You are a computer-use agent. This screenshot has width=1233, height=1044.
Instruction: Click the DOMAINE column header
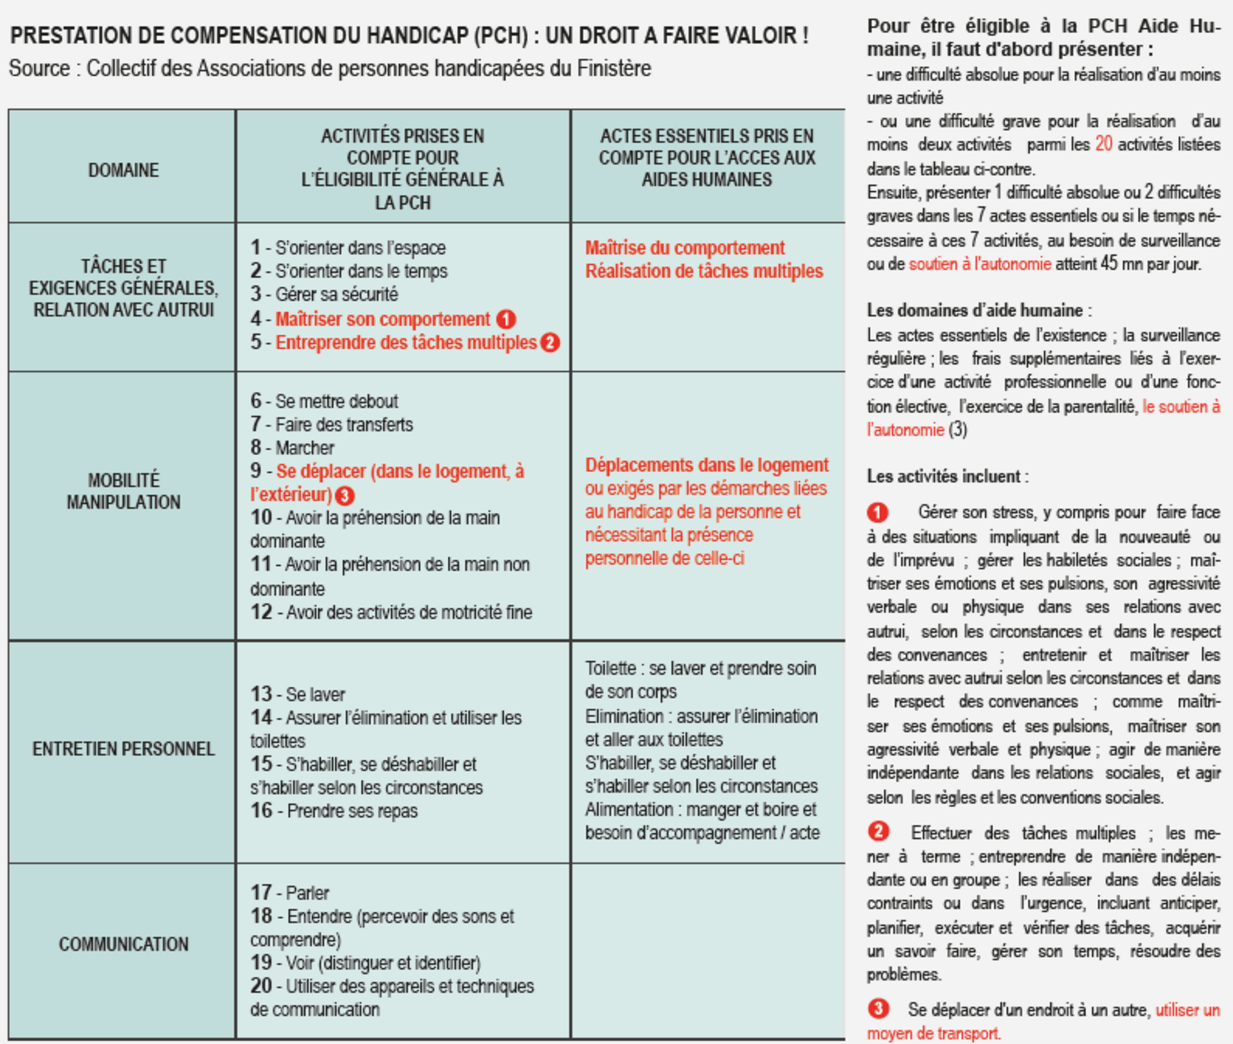click(123, 170)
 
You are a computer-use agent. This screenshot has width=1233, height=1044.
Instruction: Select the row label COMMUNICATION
click(123, 944)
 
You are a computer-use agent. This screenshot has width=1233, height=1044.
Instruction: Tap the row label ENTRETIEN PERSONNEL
click(123, 749)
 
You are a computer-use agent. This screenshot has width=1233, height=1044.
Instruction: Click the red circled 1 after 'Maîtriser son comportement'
click(506, 320)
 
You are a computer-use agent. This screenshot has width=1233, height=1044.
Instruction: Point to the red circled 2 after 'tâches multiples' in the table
click(550, 343)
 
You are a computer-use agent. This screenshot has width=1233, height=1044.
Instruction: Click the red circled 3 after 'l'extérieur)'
click(345, 495)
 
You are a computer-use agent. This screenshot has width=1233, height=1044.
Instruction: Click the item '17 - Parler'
click(290, 893)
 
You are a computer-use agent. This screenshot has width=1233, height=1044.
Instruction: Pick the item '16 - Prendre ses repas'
click(333, 811)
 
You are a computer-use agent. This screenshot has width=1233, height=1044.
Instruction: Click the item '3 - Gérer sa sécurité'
click(325, 294)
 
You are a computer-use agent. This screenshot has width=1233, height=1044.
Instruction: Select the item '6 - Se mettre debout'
click(325, 401)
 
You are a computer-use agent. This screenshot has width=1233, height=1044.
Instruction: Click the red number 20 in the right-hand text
click(1104, 145)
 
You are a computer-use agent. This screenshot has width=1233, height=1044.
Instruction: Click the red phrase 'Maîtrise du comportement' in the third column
click(684, 247)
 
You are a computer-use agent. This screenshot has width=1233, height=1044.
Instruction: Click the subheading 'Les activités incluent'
click(947, 477)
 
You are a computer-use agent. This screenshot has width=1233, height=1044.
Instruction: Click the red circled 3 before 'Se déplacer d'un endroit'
click(878, 1009)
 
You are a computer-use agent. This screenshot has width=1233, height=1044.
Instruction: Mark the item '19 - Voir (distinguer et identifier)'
click(365, 963)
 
